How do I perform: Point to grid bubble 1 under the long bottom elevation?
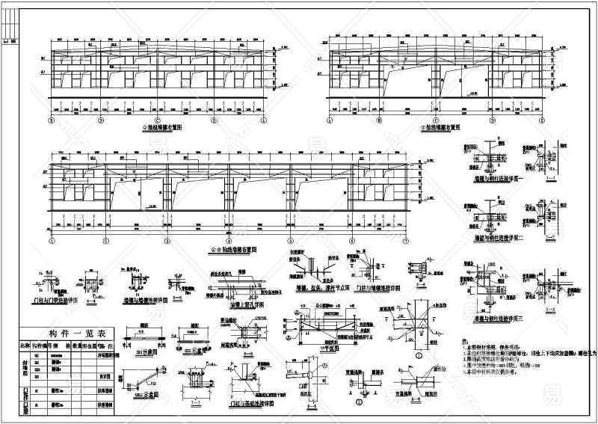(52, 242)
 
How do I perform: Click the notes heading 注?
(466, 339)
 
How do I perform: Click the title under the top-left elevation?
(157, 128)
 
